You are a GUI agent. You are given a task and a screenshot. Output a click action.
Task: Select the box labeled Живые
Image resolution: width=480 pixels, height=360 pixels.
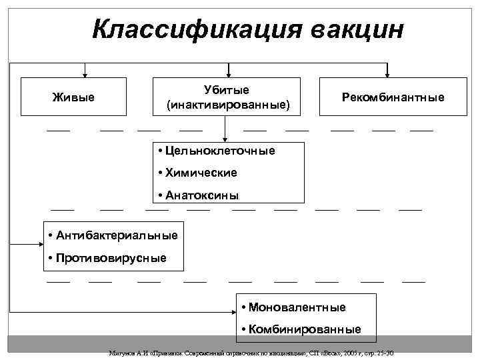73,97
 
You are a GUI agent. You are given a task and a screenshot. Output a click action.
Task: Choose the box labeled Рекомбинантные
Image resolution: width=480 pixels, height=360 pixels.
393,97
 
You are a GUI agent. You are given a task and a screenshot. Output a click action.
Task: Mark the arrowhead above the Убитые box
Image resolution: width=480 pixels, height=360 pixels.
228,74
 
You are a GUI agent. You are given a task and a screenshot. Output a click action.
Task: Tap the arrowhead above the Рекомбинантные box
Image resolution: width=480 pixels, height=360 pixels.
389,74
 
